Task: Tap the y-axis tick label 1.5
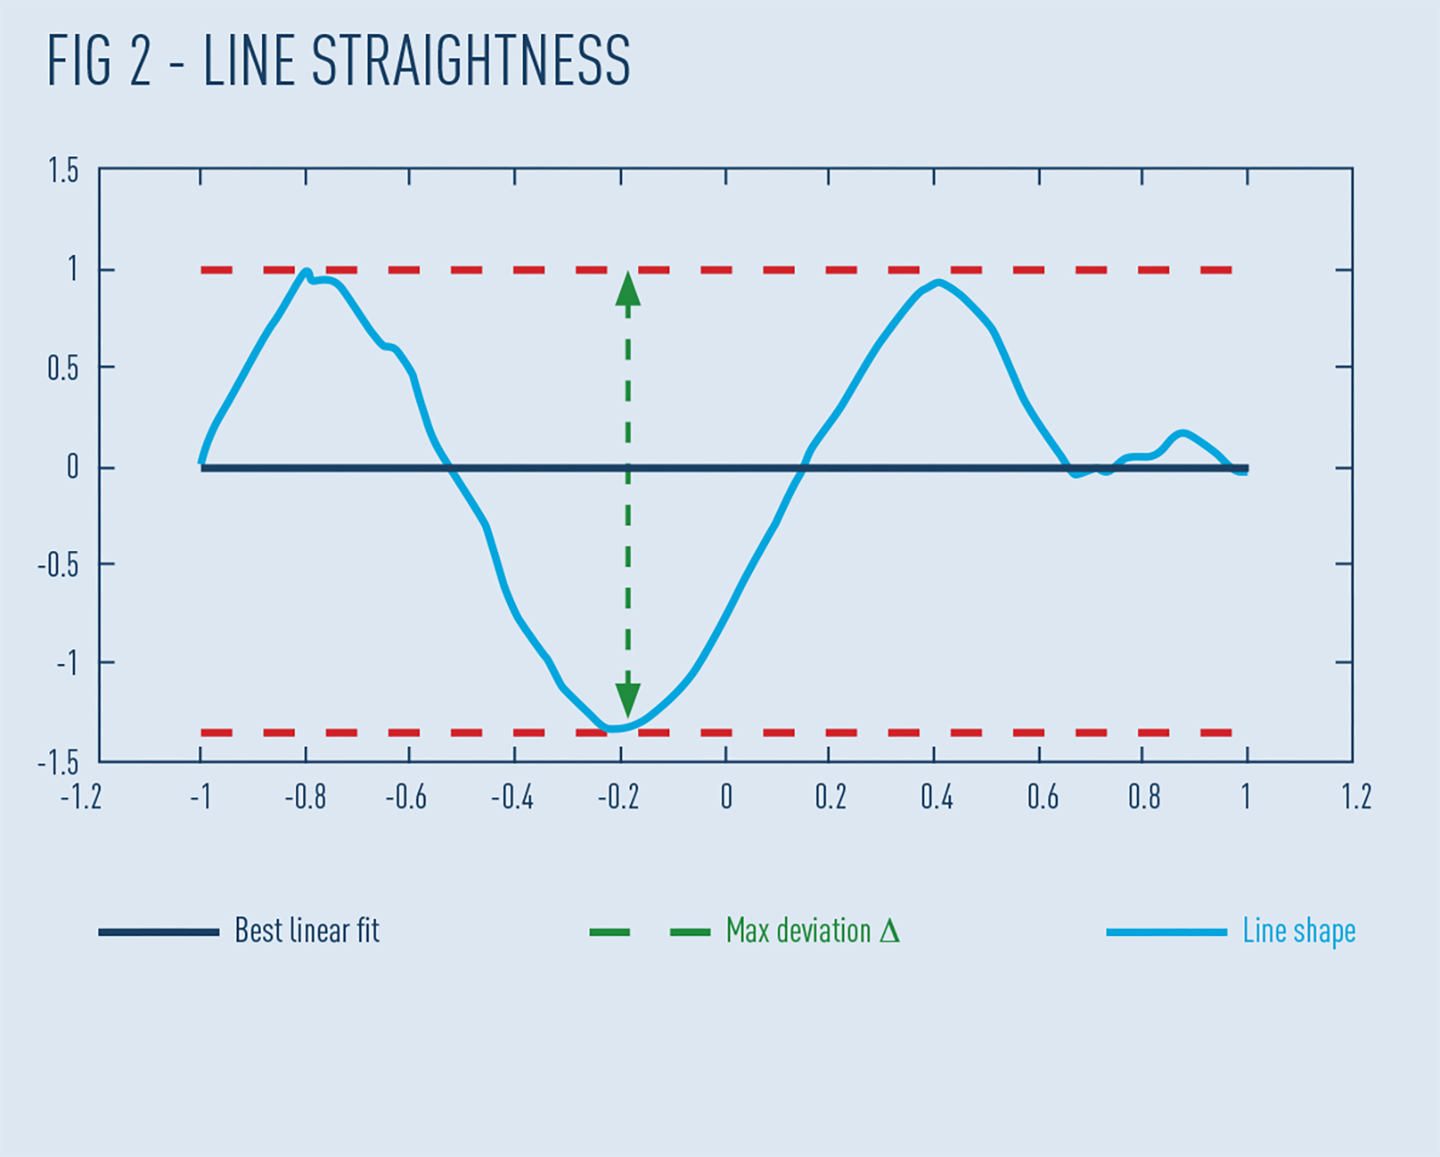coord(63,171)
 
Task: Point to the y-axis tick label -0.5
coord(57,565)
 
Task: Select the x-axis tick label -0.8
coord(305,797)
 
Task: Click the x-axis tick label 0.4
coord(936,797)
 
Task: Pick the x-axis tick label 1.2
coord(1356,797)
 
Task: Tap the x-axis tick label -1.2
coord(81,797)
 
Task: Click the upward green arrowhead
coord(628,290)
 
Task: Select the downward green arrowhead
coord(628,698)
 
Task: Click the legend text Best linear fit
coord(307,931)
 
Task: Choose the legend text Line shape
coord(1298,931)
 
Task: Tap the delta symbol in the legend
coord(889,931)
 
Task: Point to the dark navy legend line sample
coord(159,933)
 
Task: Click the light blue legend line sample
coord(1166,933)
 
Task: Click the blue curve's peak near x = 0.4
coord(938,283)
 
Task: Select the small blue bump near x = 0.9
coord(1183,434)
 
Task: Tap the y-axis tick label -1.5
coord(57,763)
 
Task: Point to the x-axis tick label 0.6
coord(1042,797)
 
